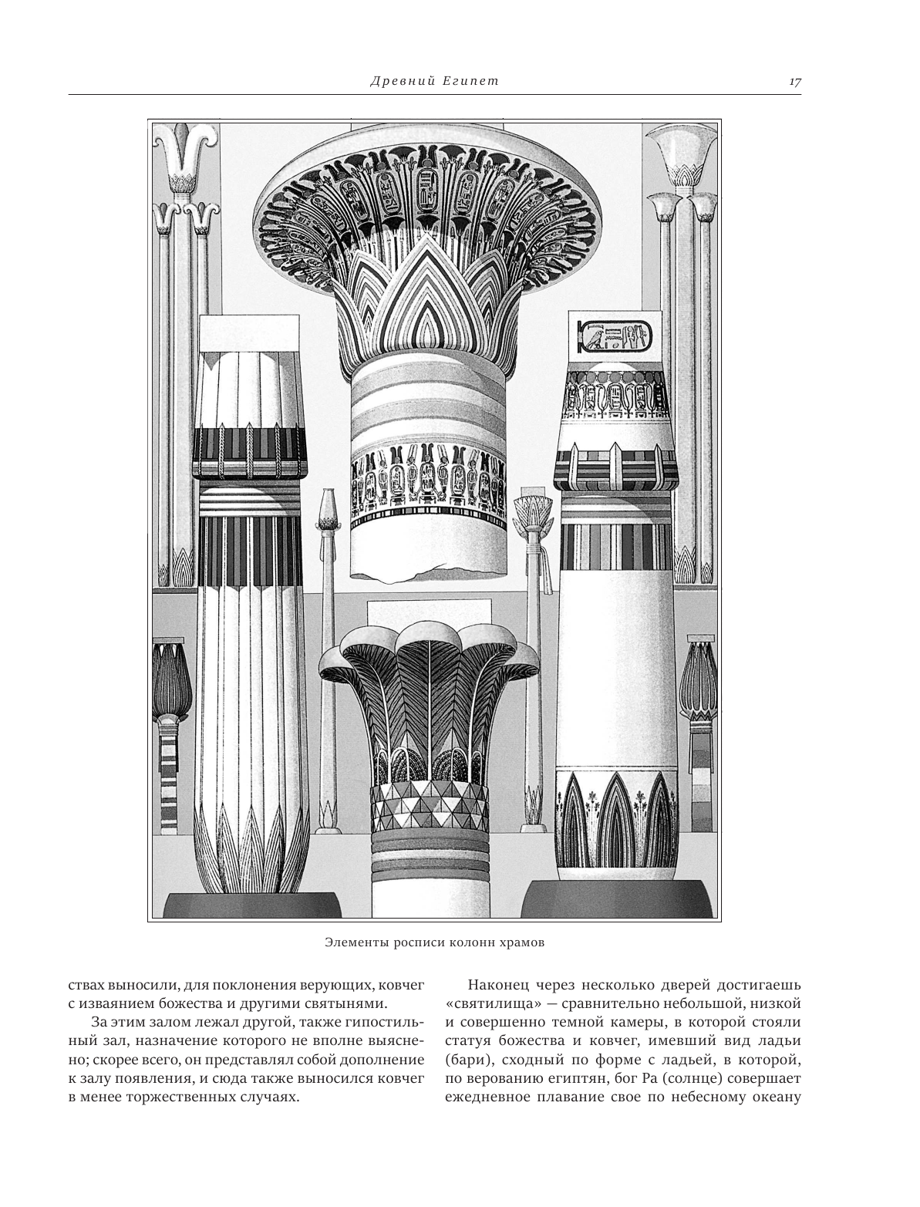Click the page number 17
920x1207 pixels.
795,83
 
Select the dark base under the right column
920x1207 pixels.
616,902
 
